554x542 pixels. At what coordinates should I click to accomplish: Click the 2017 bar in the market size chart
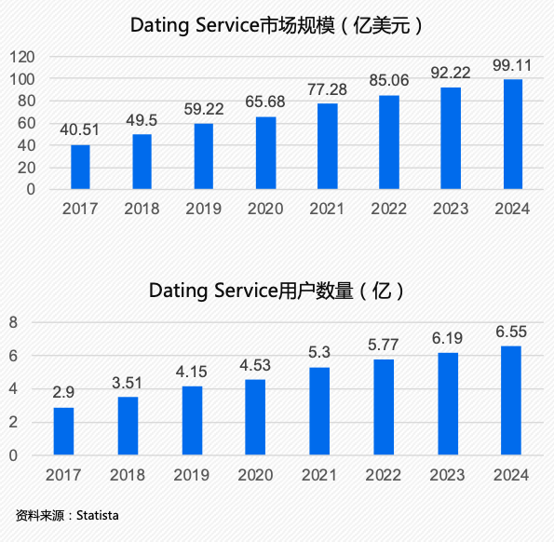[80, 168]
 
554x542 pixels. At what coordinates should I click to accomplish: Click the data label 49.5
[142, 118]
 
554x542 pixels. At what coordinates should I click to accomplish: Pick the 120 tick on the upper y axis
[23, 57]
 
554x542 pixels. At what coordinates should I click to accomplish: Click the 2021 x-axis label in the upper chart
[327, 209]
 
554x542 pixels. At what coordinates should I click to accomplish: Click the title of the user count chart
[277, 291]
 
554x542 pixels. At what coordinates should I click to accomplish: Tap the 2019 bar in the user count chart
[191, 421]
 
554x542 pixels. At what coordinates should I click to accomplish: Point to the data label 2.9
[63, 391]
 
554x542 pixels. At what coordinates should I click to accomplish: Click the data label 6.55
[511, 331]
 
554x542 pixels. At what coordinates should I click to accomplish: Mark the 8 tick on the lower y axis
[14, 323]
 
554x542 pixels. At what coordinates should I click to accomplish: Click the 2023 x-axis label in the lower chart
[447, 476]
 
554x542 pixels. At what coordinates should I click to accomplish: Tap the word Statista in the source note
[98, 515]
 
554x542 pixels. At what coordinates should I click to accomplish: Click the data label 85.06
[388, 79]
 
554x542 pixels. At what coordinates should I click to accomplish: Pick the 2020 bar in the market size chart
[265, 154]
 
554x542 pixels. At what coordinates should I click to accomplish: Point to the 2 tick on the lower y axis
[14, 423]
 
